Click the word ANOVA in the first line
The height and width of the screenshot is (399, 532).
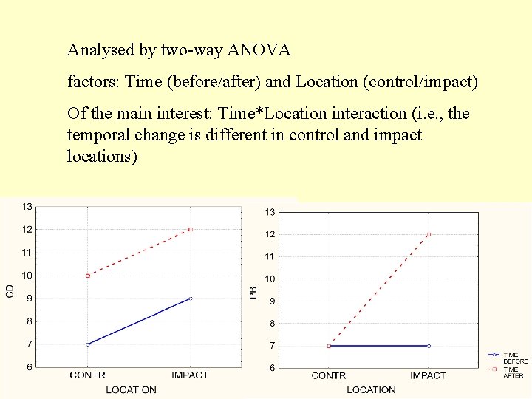[x=259, y=51]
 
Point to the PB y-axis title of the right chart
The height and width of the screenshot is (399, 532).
[x=253, y=293]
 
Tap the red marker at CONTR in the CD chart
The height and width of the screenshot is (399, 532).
[x=88, y=276]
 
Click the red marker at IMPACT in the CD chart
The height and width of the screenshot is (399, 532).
[x=191, y=230]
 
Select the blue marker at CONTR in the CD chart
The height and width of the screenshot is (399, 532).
[x=88, y=344]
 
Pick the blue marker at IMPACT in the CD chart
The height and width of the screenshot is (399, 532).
[x=191, y=299]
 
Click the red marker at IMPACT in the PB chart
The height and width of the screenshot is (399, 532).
[x=429, y=235]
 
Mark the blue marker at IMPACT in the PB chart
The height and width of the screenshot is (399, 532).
[x=429, y=346]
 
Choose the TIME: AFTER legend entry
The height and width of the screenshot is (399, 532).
[x=514, y=372]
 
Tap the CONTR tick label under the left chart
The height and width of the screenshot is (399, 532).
[x=87, y=375]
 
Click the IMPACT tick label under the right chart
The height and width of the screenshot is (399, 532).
[x=428, y=376]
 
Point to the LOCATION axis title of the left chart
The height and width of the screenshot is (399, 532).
[x=131, y=389]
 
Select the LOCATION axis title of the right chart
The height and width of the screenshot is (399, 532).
[x=371, y=389]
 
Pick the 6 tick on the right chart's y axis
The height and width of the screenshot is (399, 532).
[x=271, y=368]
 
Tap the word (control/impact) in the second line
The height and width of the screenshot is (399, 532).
[x=420, y=82]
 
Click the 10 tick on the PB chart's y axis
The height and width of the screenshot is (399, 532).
[x=270, y=279]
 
